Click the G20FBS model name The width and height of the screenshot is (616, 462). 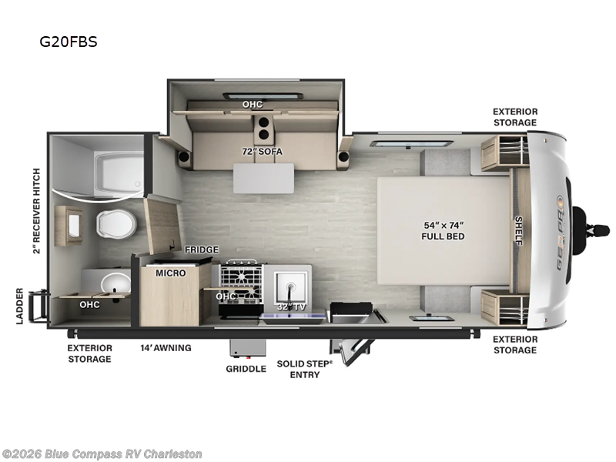(x=69, y=42)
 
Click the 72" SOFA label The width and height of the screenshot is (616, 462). (x=262, y=151)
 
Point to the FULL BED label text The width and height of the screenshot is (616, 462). (x=444, y=236)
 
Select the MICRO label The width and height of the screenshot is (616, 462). (x=170, y=273)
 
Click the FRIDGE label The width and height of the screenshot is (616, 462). (x=202, y=249)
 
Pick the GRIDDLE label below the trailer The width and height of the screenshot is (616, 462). (x=246, y=369)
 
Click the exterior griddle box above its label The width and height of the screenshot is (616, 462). (x=247, y=349)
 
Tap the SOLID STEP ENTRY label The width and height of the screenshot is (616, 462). (x=304, y=370)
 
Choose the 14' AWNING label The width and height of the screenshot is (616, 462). (x=166, y=348)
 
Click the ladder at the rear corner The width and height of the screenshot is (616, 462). (x=38, y=306)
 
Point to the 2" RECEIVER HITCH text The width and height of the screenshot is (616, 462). (x=36, y=211)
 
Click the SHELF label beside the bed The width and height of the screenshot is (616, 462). (x=518, y=230)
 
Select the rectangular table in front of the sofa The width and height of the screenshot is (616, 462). (x=263, y=179)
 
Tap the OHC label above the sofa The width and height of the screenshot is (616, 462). (x=253, y=105)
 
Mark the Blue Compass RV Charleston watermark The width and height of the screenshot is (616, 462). (x=101, y=454)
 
